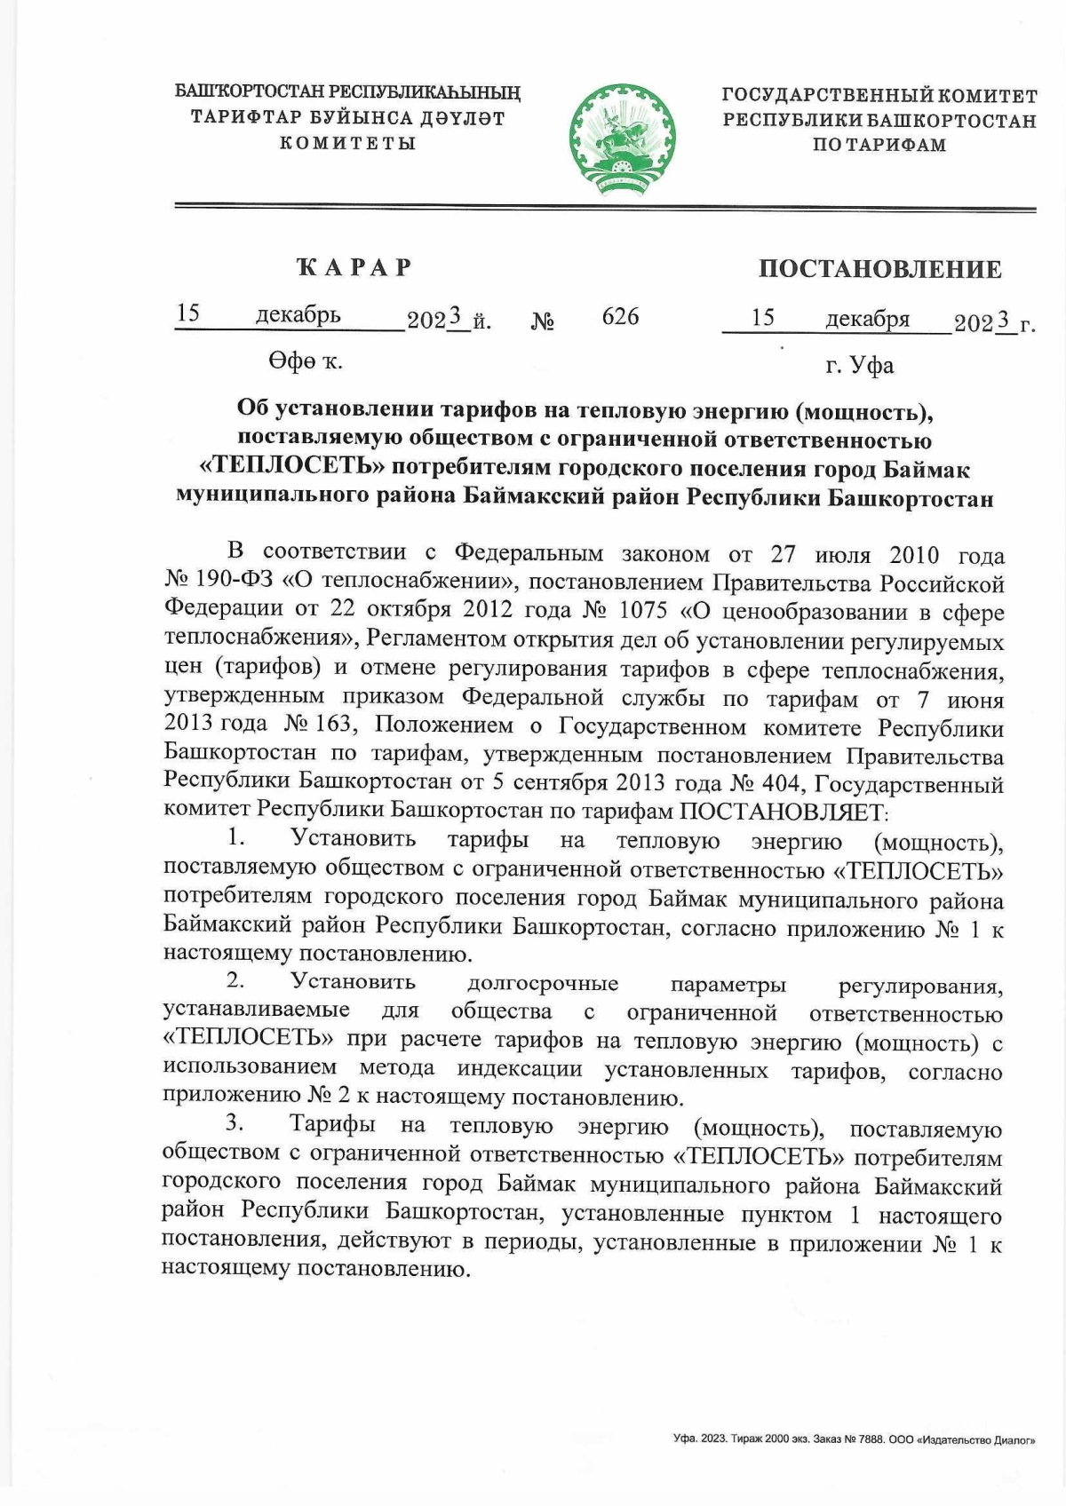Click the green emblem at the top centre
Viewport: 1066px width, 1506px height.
coord(622,139)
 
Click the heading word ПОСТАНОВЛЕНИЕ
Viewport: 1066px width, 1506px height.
coord(879,269)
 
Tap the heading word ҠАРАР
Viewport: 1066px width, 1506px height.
coord(354,267)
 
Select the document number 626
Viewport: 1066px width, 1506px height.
coord(620,317)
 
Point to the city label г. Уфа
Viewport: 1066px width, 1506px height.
coord(859,365)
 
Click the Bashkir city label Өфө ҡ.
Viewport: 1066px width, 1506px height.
coord(305,361)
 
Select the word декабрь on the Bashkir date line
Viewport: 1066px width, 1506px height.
coord(298,315)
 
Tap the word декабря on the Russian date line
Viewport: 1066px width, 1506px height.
coord(867,319)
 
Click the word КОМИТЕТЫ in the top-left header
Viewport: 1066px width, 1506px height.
coord(348,143)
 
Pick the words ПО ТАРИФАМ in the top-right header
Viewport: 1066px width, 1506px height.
coord(879,145)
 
